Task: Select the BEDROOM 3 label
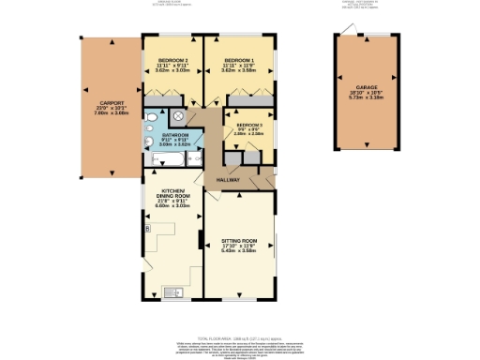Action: (249, 124)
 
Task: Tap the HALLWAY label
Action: (229, 180)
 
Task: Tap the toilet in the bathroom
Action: (150, 142)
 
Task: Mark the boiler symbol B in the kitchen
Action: (147, 227)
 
